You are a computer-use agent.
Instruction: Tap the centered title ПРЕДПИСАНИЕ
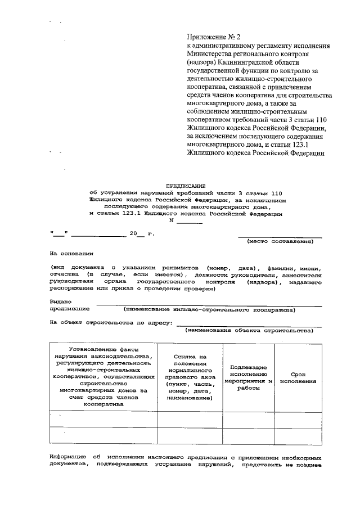186,185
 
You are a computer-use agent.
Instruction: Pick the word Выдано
61,301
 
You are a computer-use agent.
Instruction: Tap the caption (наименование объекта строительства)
250,330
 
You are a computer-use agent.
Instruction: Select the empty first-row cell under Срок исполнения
298,420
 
